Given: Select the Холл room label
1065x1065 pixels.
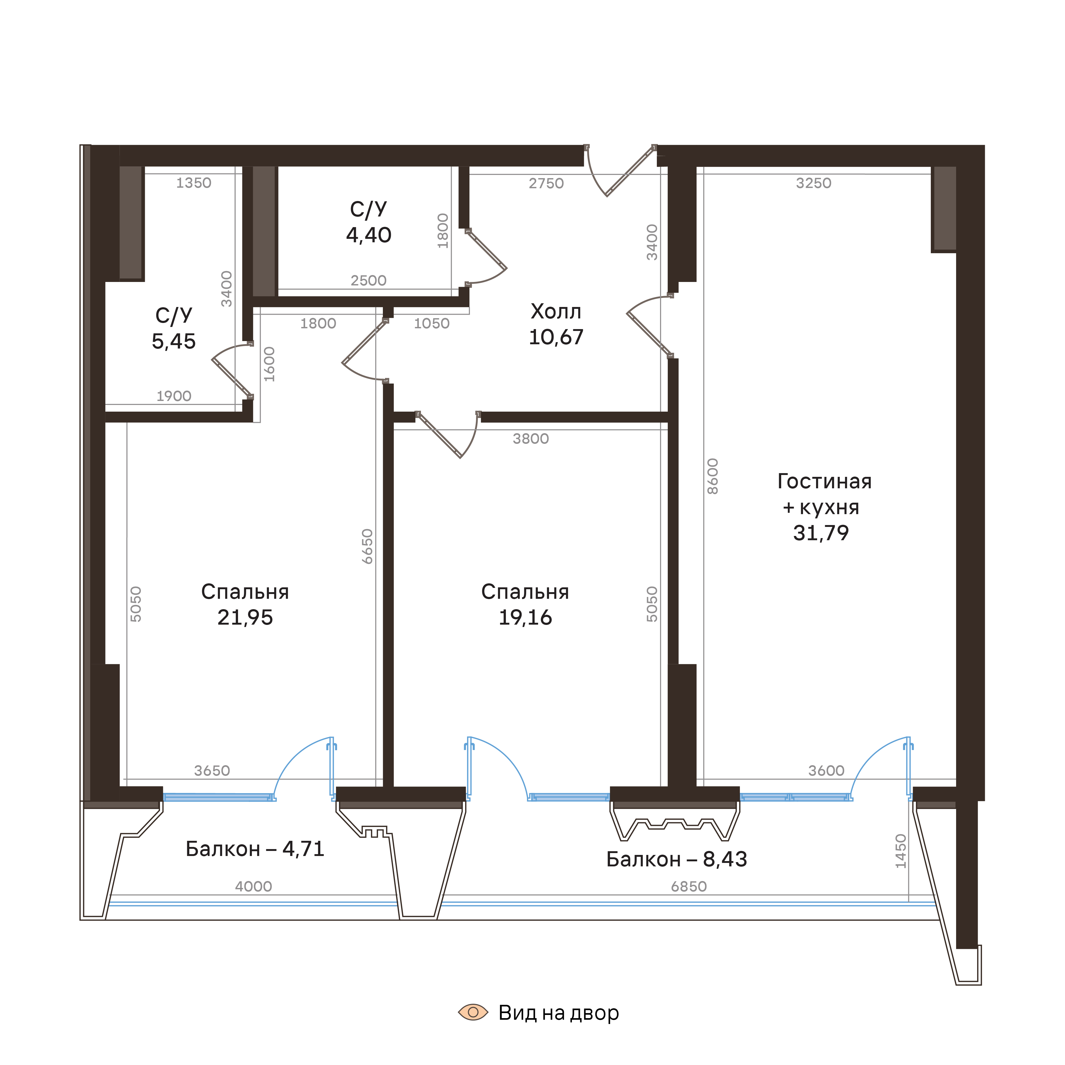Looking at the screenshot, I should click(556, 312).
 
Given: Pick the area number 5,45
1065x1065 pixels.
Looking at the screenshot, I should click(174, 342).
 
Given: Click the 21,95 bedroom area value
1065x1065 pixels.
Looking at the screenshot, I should click(245, 617).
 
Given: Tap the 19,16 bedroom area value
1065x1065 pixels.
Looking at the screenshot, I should click(525, 617).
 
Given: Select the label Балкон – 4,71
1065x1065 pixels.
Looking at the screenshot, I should click(255, 849).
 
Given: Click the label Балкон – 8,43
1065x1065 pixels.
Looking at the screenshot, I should click(676, 859).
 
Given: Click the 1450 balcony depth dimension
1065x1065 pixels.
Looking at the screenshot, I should click(901, 851).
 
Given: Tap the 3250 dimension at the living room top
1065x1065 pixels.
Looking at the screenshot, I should click(813, 183).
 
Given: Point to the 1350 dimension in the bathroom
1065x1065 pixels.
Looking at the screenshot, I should click(194, 183).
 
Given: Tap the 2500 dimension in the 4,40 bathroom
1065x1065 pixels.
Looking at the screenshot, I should click(368, 281).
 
